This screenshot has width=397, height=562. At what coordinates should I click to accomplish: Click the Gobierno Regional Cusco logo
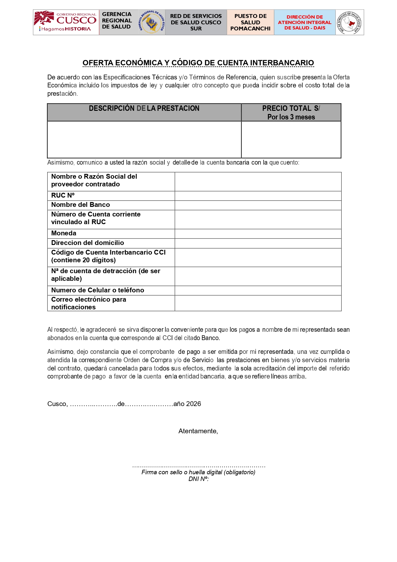[x=66, y=22]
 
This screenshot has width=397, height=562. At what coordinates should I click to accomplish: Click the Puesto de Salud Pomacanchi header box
[x=250, y=22]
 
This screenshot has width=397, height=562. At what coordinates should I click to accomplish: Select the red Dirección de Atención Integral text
[x=305, y=22]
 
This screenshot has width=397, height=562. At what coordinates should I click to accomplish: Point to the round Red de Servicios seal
[x=350, y=22]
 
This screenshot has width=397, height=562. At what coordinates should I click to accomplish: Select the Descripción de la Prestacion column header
[x=144, y=109]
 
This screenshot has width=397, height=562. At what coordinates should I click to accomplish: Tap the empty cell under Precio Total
[x=291, y=139]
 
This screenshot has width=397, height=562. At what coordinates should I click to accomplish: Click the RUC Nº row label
[x=63, y=195]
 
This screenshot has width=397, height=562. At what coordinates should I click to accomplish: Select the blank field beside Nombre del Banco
[x=258, y=205]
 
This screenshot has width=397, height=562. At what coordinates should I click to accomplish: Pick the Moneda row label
[x=64, y=233]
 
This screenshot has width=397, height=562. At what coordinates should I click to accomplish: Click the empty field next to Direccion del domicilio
[x=258, y=243]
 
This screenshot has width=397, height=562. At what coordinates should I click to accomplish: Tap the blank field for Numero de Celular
[x=258, y=290]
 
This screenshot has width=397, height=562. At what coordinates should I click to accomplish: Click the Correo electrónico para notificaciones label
[x=89, y=303]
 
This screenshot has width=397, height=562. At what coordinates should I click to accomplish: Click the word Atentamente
[x=198, y=431]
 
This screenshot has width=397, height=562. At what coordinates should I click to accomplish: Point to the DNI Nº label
[x=198, y=479]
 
